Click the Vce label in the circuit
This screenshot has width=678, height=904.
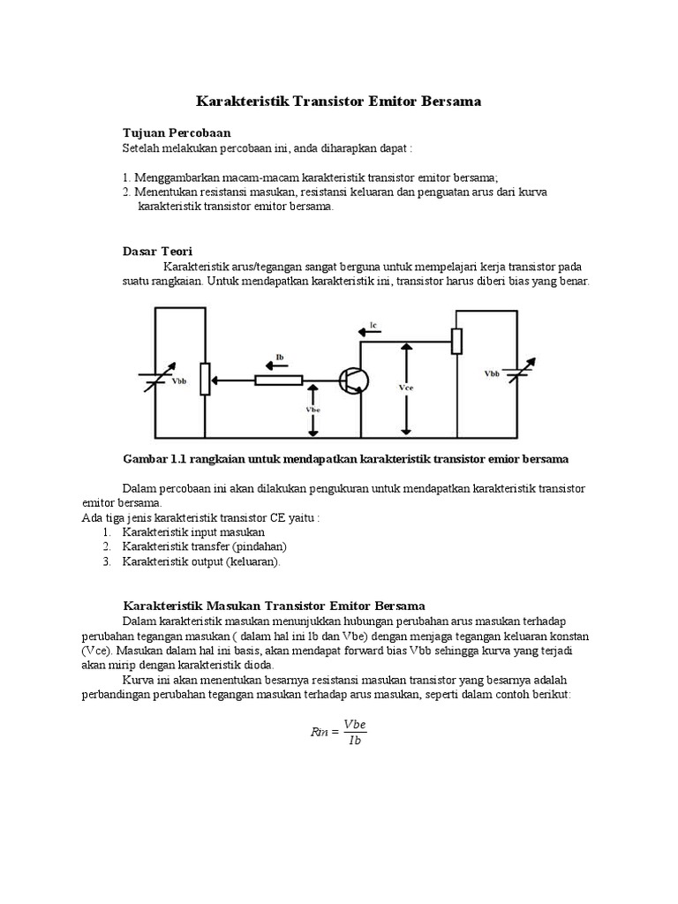click(406, 387)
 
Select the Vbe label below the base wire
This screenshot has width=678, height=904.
click(313, 410)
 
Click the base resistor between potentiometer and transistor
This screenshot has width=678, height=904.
click(279, 380)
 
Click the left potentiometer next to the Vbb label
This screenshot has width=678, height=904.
click(205, 380)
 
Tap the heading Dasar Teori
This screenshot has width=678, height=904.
click(156, 252)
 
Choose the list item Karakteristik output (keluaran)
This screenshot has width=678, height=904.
click(201, 561)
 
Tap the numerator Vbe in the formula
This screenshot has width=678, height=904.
click(354, 724)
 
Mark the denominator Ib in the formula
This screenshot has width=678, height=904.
click(354, 741)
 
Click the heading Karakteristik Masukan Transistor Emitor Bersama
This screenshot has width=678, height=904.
click(272, 606)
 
